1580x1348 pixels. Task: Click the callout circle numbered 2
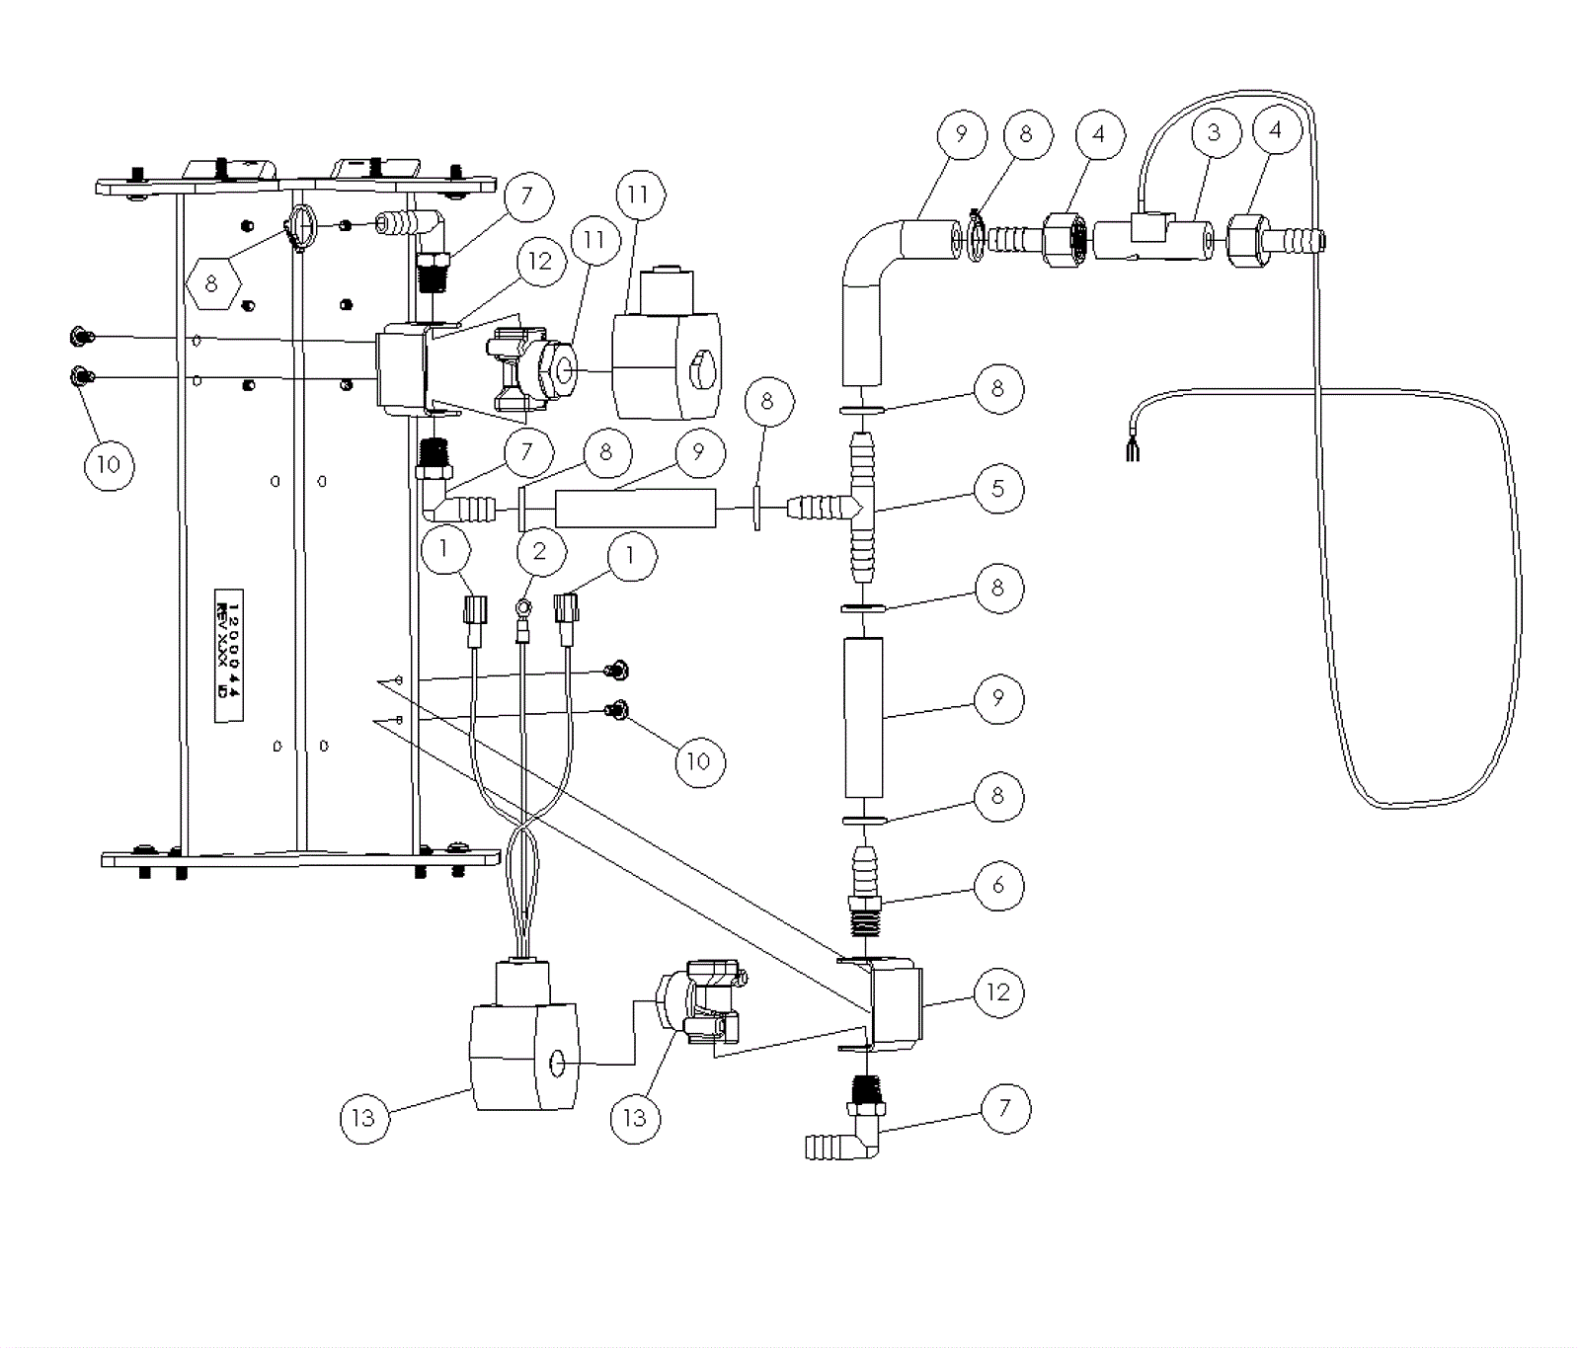point(539,550)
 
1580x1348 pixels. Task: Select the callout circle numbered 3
point(1214,132)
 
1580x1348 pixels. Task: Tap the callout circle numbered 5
point(997,488)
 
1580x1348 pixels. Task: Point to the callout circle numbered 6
point(997,885)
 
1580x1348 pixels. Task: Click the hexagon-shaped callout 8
point(212,284)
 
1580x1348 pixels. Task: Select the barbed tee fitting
point(855,508)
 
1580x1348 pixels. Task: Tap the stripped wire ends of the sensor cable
point(1131,451)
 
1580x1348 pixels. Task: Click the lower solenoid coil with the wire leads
point(522,1047)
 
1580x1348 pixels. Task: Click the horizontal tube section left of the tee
point(635,508)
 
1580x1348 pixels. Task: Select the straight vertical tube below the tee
point(863,717)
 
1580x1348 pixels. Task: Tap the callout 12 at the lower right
point(998,991)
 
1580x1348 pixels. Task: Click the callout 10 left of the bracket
point(109,464)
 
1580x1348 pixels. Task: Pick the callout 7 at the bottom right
point(1005,1107)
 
